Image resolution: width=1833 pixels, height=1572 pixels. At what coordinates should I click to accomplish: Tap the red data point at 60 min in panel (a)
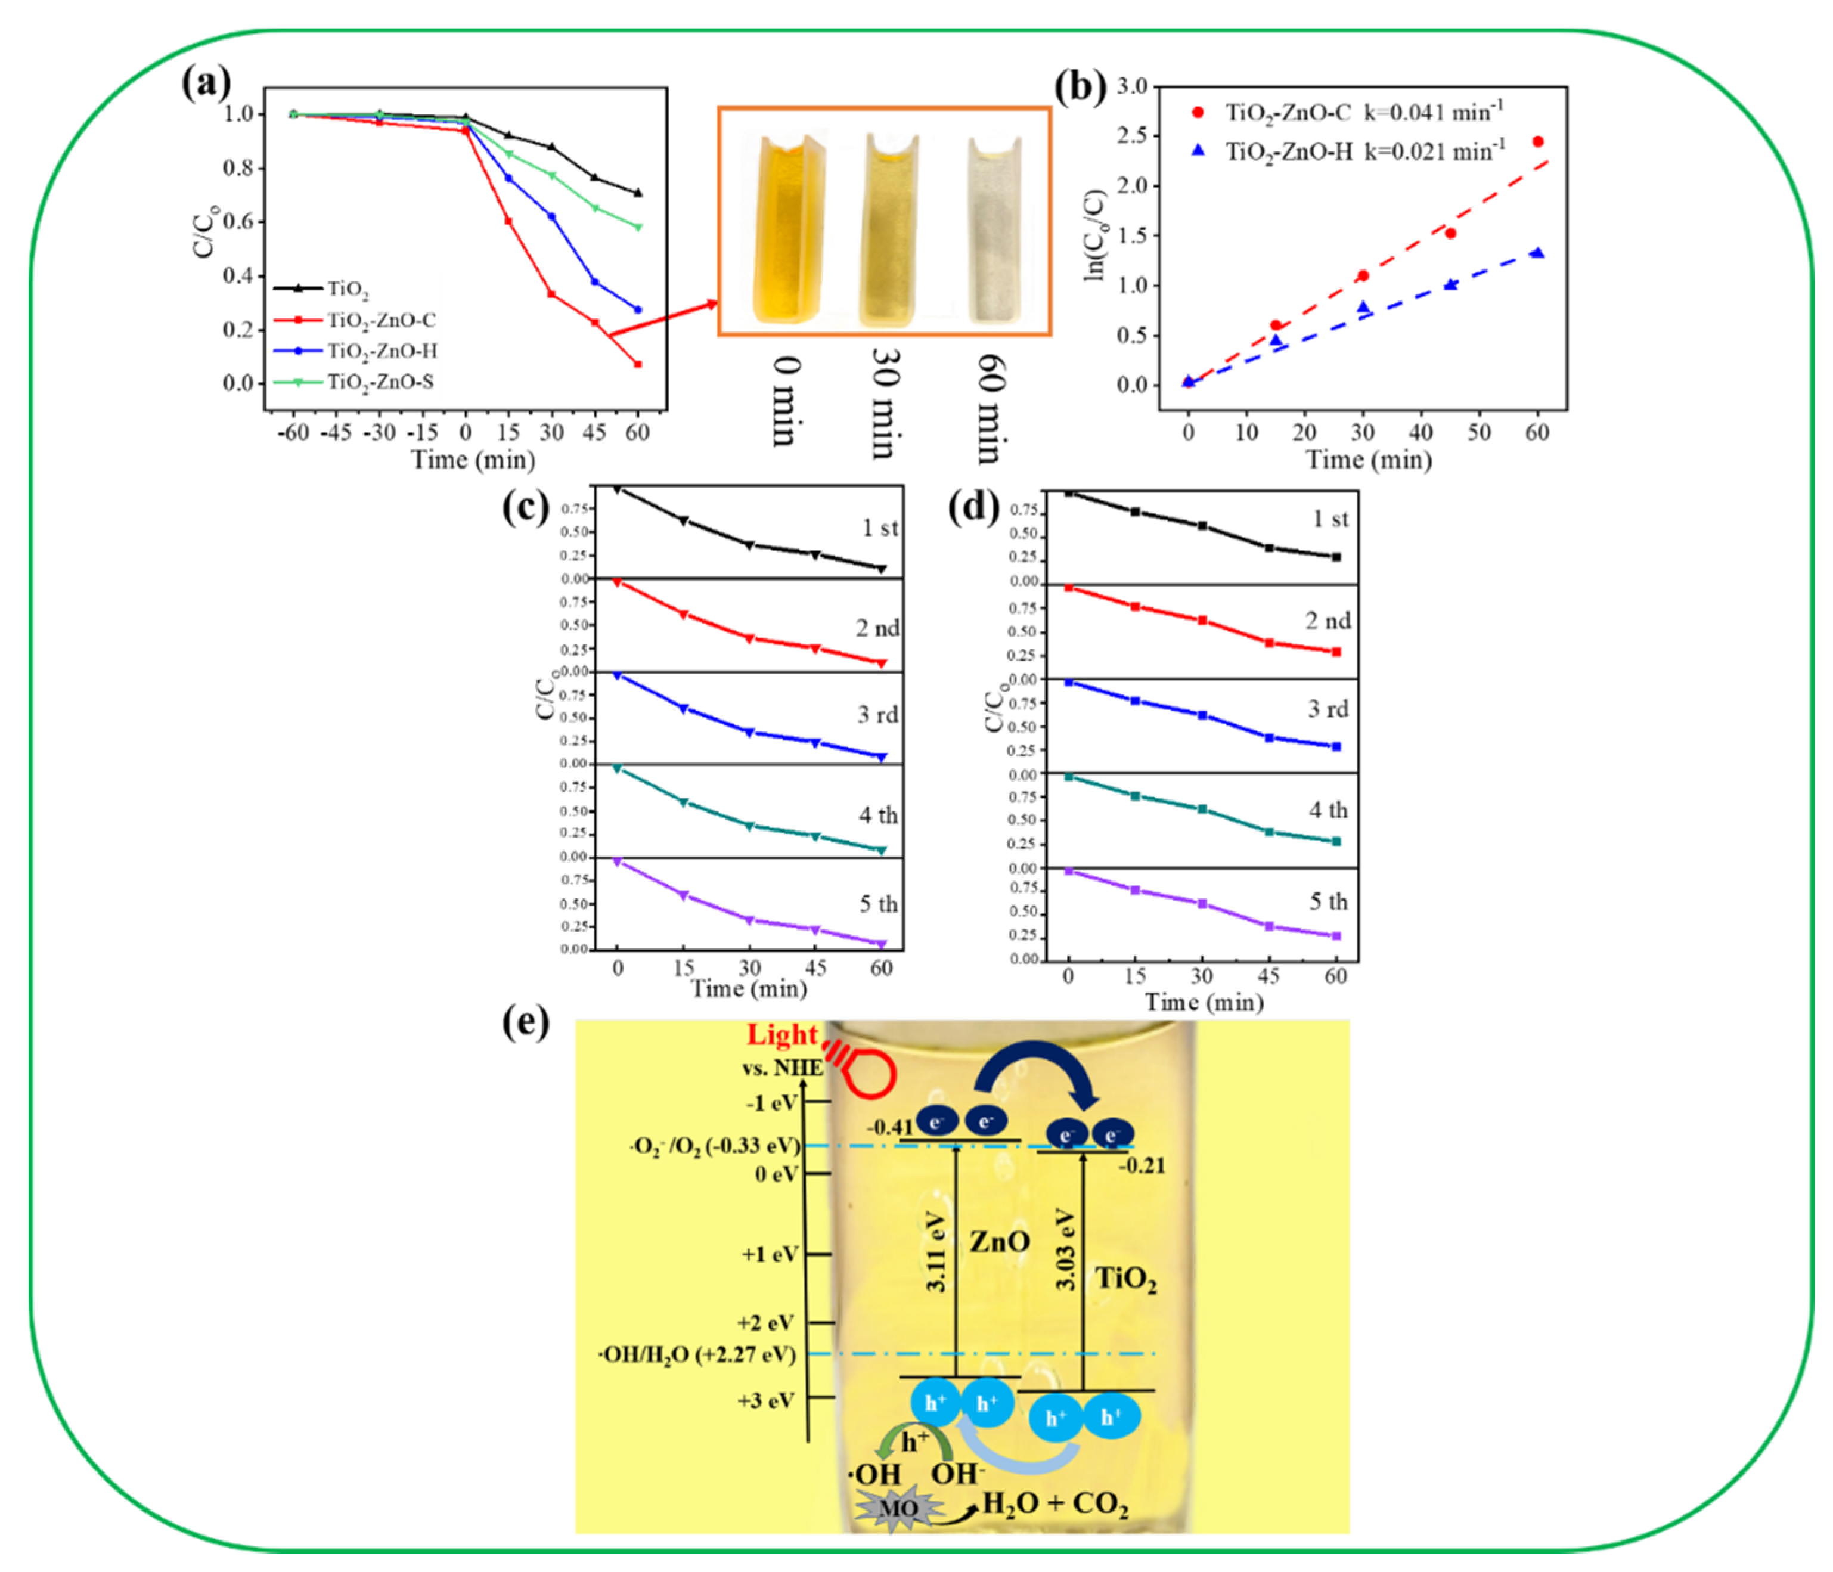tap(638, 364)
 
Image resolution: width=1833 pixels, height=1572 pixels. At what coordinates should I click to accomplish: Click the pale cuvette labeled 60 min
tap(994, 230)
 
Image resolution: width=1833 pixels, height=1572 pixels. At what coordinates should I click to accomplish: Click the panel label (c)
tap(526, 508)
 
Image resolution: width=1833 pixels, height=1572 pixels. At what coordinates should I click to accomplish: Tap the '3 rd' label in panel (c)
tap(877, 715)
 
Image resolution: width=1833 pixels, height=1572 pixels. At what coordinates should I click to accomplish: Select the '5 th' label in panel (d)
tap(1328, 903)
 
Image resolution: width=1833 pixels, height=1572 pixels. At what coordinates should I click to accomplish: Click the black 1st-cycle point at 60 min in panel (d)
tap(1336, 557)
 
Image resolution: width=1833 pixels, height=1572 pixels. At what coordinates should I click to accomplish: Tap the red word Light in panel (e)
tap(782, 1034)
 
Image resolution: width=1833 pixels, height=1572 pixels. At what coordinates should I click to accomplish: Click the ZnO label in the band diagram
tap(1000, 1241)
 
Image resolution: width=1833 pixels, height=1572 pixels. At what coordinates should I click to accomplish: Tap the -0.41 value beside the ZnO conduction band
tap(889, 1127)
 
